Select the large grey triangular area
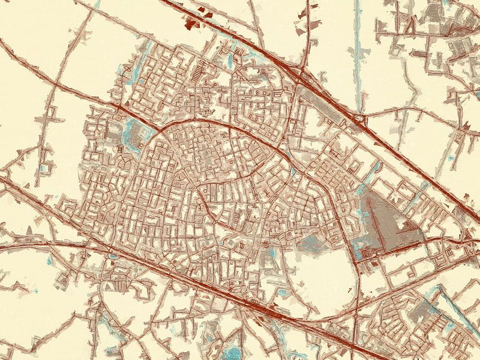[x=384, y=222]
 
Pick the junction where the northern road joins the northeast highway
[x=303, y=72]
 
